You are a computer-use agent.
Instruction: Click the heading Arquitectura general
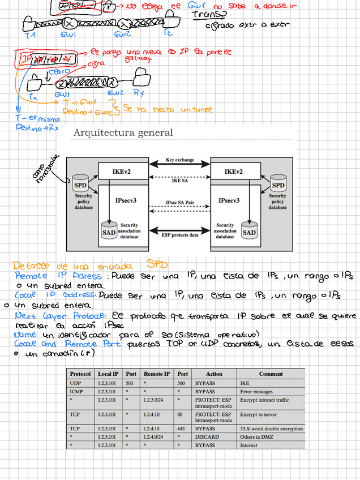coord(123,133)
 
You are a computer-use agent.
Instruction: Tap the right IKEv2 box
coord(233,172)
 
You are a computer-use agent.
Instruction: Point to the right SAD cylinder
coord(249,231)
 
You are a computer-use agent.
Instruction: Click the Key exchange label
coord(179,160)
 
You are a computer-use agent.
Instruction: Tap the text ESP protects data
coord(179,234)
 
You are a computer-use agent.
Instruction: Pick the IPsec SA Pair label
coord(179,202)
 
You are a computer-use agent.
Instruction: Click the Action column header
coord(214,374)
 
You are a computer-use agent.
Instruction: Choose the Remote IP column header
coord(157,374)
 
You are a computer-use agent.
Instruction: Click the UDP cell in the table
coord(75,383)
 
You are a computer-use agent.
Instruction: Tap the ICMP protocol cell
coord(76,391)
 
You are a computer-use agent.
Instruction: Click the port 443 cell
coord(182,429)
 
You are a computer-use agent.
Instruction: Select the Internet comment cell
coord(249,445)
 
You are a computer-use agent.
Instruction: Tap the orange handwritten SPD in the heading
coord(157,265)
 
